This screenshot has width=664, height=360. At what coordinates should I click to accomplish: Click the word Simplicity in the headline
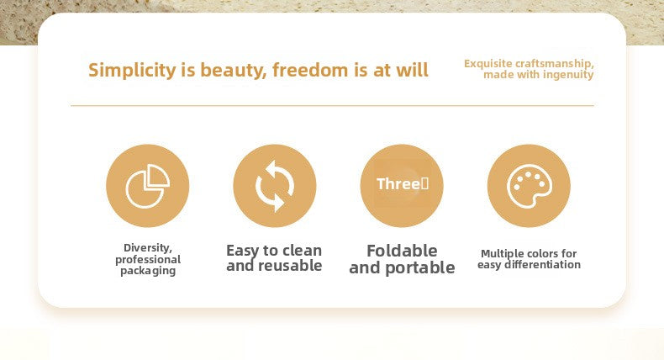pos(132,71)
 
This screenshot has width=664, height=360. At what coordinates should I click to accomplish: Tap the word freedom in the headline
pos(310,70)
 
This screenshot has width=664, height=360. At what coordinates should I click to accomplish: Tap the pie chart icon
pos(148,186)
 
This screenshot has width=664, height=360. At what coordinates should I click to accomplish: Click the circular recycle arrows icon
pos(275,186)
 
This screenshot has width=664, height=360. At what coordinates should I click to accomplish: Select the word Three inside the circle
pos(398,184)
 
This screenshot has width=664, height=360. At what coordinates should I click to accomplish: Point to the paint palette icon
pos(530,186)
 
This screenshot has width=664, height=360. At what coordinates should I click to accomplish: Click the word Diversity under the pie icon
pos(147,248)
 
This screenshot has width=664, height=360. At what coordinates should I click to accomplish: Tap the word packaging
pos(148,271)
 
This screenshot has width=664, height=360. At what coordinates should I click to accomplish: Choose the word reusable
pos(290,266)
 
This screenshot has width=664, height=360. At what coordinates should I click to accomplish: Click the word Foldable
pos(402,251)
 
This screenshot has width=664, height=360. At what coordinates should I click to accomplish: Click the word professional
pos(148,260)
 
